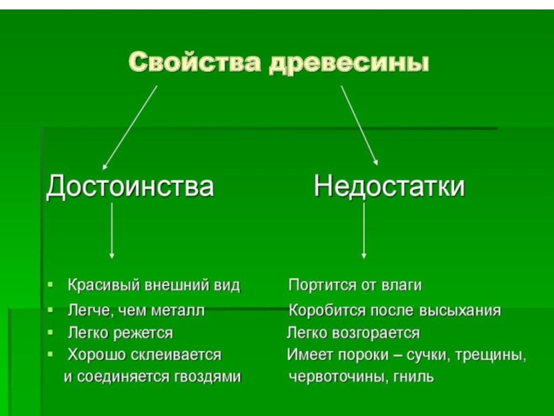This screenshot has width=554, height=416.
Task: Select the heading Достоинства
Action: [130, 187]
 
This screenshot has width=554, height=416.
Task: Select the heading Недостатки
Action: [389, 187]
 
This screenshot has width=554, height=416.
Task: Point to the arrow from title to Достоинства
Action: [129, 127]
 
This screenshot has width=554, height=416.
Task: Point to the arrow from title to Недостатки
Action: [359, 125]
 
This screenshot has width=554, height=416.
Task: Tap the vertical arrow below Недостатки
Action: [365, 232]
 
